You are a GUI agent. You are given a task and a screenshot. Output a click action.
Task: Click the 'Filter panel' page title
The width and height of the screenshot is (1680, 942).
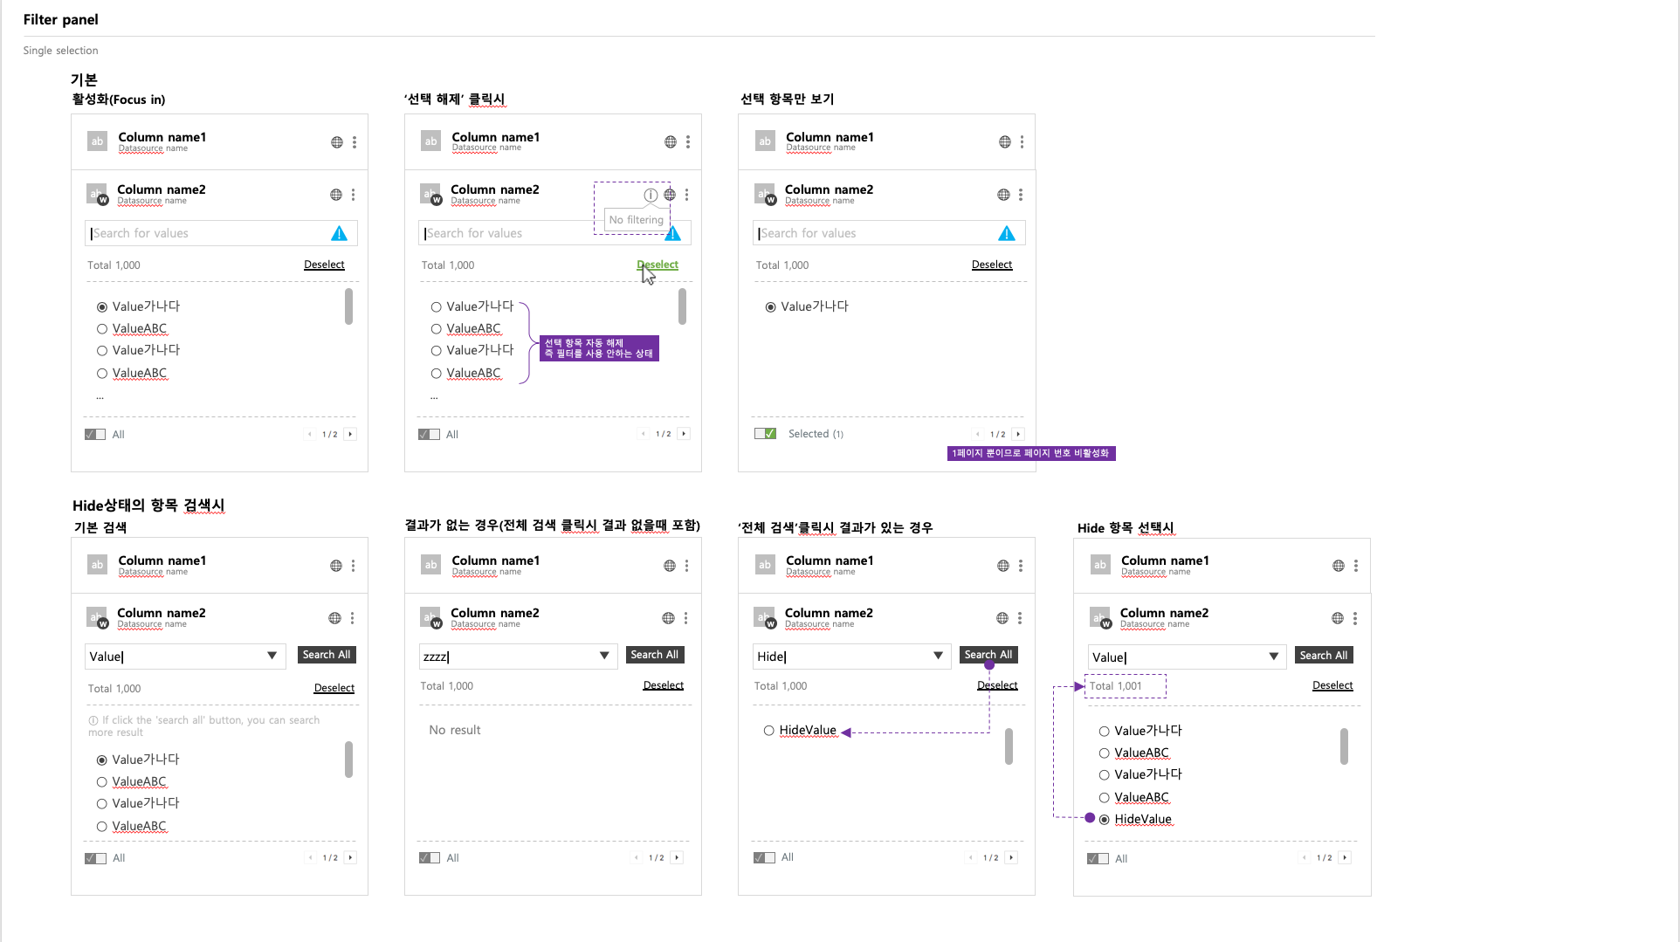(60, 19)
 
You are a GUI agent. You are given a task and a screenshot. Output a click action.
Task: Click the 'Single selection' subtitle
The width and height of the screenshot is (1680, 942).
(60, 51)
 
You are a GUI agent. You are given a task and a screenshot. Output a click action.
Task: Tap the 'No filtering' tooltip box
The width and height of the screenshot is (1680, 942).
(637, 220)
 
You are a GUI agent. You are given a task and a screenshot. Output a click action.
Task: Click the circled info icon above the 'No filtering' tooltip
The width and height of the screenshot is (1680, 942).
(651, 195)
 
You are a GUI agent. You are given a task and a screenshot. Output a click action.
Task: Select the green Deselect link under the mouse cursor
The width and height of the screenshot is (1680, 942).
(658, 265)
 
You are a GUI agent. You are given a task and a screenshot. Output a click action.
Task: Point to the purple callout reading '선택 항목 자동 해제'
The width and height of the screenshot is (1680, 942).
(599, 348)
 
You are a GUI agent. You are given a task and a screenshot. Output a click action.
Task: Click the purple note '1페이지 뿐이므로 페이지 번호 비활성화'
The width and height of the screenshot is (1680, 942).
(1031, 453)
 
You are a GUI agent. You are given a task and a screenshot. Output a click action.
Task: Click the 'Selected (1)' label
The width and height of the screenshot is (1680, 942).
(816, 434)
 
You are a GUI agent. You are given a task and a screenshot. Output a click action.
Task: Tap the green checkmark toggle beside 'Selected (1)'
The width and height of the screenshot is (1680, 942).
(766, 434)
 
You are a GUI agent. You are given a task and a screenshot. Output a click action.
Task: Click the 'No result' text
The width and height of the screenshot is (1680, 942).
(455, 730)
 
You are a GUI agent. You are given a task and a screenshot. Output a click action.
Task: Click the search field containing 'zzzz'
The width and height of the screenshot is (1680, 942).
(518, 657)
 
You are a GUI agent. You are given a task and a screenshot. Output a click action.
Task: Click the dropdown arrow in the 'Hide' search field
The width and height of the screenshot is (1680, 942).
(938, 656)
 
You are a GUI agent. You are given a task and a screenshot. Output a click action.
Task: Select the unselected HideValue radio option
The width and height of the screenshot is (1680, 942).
(769, 731)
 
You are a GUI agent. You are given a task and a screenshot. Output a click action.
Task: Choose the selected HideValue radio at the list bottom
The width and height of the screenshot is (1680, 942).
(1105, 819)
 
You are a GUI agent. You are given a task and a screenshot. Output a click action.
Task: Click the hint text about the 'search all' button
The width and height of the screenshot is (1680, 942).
(204, 726)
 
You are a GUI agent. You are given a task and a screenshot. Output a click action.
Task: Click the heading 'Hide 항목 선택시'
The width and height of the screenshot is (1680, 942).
(1126, 527)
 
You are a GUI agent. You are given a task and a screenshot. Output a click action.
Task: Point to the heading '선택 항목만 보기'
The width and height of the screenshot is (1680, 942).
(787, 99)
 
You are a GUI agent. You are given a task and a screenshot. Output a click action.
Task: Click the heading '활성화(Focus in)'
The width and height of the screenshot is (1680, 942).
(119, 100)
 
